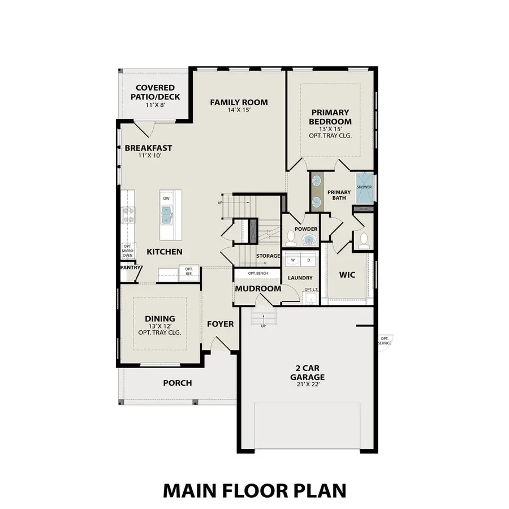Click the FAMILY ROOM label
coord(239,102)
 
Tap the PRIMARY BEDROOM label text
coord(330,117)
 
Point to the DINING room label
coord(159,319)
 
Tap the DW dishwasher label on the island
coord(166,199)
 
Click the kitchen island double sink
coord(166,215)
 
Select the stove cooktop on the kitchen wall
coord(128,215)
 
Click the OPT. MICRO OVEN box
coord(128,251)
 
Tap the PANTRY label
coord(130,268)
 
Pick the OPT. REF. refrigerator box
coord(188,271)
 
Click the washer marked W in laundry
coord(293,261)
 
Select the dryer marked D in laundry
coord(309,261)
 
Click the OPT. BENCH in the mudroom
coord(258,274)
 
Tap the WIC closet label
coord(347,275)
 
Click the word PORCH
coord(178,383)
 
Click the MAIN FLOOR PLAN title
coord(254,490)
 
